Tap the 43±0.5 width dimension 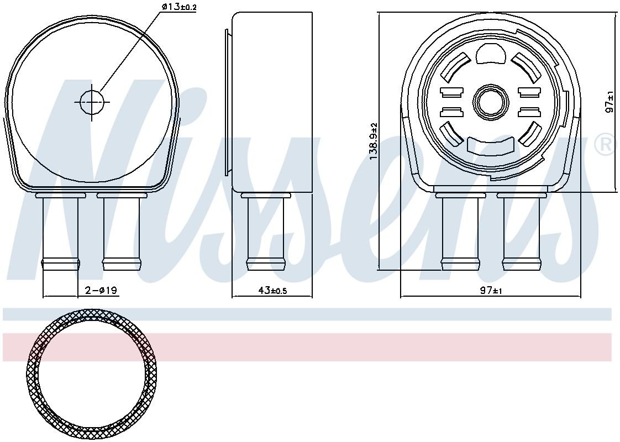[272, 290]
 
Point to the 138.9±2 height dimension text [374, 141]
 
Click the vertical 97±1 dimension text [610, 103]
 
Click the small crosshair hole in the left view [92, 102]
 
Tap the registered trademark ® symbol [605, 145]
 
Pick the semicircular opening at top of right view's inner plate [490, 54]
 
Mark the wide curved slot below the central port [490, 145]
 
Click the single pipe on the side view [266, 232]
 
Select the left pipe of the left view [60, 232]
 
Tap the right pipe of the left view [122, 232]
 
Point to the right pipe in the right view [521, 232]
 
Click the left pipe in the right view [460, 232]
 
